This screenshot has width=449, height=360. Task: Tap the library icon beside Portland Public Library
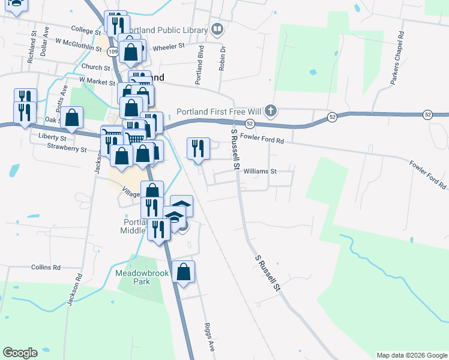pyautogui.click(x=217, y=29)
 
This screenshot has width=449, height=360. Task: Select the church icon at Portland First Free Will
pyautogui.click(x=271, y=111)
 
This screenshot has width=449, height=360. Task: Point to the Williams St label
pyautogui.click(x=259, y=171)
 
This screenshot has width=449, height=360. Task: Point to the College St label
pyautogui.click(x=86, y=29)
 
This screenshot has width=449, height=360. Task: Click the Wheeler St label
pyautogui.click(x=169, y=47)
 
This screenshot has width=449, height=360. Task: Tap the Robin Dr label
pyautogui.click(x=221, y=58)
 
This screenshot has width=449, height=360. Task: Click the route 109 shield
pyautogui.click(x=113, y=52)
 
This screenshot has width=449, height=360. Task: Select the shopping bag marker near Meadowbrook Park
pyautogui.click(x=184, y=272)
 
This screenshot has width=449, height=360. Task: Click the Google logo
pyautogui.click(x=20, y=353)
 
